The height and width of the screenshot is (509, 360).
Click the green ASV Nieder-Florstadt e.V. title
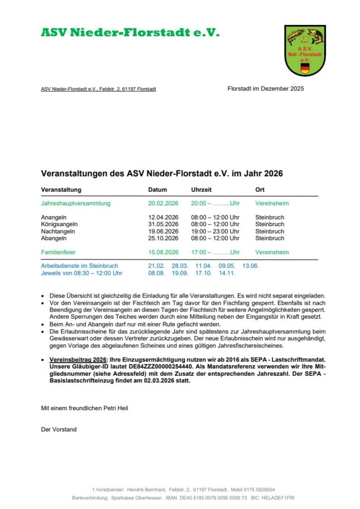coord(130,33)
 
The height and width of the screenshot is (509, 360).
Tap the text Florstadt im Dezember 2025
coord(266,89)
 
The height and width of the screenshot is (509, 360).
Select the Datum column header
coord(158,190)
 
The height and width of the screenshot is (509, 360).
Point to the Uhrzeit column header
coord(201,190)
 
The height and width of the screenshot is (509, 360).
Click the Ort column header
coord(260,190)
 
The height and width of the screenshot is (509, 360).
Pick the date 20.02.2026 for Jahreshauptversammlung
coord(163,203)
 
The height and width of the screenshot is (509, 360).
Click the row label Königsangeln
coord(59,224)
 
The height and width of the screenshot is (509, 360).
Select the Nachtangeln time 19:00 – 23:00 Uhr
coord(215,231)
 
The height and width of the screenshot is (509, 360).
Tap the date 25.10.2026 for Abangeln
coord(163,238)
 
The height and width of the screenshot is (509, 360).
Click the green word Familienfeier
coord(58,252)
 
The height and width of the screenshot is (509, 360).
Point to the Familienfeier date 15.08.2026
coord(163,252)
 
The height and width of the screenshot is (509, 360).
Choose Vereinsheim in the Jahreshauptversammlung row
coord(272,203)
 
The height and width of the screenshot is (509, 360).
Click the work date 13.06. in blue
coord(251,266)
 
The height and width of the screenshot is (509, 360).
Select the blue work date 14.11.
coord(227,273)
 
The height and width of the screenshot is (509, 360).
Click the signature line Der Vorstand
coord(59,429)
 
